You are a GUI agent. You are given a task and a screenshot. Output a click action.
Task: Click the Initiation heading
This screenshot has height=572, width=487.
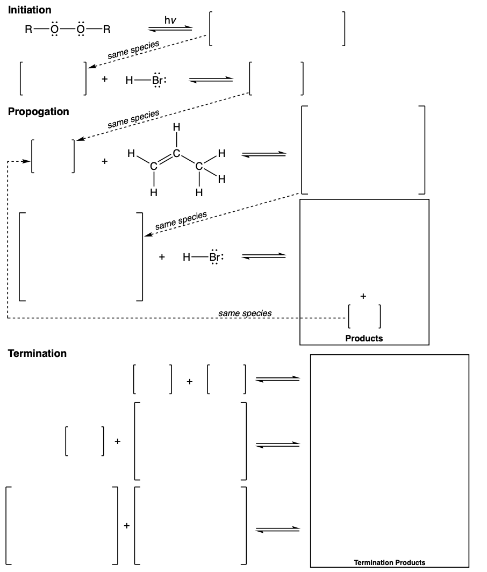click(30, 10)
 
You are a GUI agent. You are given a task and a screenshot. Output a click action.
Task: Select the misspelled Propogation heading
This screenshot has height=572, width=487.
click(38, 112)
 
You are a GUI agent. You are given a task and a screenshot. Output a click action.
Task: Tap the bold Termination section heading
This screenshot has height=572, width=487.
click(37, 353)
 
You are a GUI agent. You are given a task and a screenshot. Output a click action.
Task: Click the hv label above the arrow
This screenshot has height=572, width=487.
click(170, 20)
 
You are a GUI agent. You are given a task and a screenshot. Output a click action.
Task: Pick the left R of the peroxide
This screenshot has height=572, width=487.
click(28, 30)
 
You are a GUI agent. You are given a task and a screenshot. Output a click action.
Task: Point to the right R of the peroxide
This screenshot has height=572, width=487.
click(106, 30)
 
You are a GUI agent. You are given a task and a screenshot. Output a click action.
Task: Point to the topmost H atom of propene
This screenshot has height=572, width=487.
click(175, 128)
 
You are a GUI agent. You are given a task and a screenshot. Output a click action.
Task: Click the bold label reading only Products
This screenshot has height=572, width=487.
click(364, 339)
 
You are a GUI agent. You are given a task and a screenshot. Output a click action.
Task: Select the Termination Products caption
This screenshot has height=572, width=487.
click(389, 562)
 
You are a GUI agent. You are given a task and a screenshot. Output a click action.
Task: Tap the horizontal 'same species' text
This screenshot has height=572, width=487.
click(245, 312)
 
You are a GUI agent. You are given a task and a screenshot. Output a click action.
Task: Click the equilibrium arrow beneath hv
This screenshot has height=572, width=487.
click(170, 28)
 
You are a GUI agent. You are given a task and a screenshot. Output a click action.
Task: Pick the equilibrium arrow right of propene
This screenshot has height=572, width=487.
click(263, 155)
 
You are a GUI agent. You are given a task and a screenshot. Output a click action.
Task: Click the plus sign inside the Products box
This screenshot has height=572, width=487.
click(363, 296)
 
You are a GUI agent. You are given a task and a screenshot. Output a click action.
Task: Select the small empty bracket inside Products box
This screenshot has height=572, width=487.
click(364, 316)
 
